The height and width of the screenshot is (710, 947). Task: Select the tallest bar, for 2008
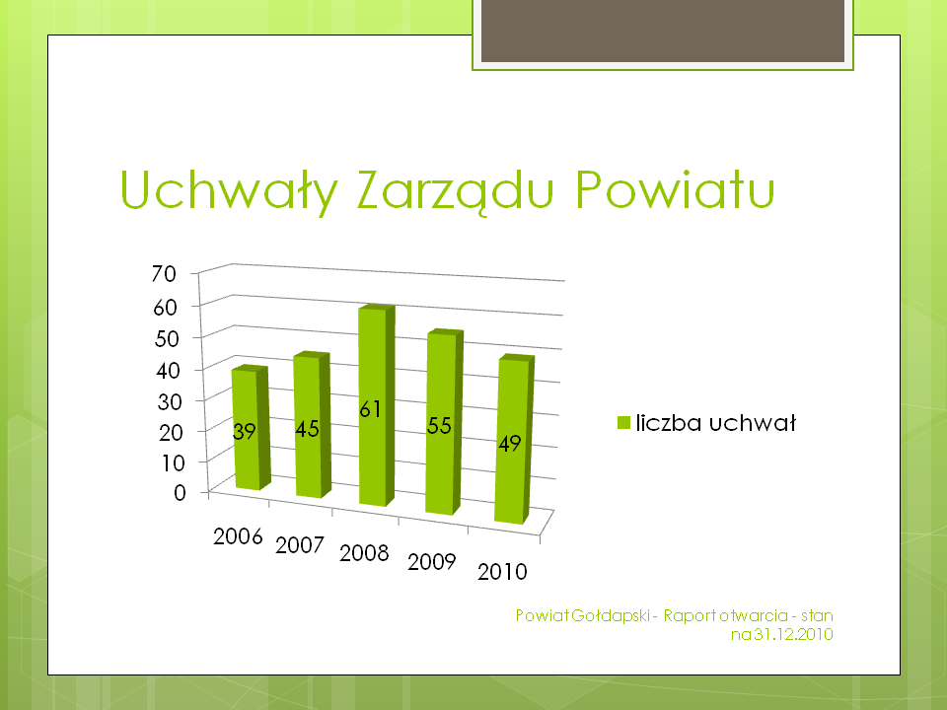point(376,405)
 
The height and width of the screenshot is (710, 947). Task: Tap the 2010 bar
point(514,439)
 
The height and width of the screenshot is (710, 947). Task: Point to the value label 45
point(307,429)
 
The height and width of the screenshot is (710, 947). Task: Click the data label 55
point(439,426)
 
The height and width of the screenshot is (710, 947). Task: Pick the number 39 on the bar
point(244,432)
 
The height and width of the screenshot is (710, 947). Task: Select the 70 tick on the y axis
point(164,273)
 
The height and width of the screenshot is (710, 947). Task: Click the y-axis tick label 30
point(169,401)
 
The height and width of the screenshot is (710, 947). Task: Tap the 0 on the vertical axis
point(180,493)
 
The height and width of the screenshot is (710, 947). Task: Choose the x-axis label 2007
point(300,545)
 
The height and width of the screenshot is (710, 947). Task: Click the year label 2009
point(431,561)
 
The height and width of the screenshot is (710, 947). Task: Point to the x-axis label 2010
point(502,571)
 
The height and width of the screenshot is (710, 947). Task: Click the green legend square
point(623,423)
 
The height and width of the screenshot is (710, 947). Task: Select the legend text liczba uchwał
point(716,423)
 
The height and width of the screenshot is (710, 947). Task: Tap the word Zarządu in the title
point(455,190)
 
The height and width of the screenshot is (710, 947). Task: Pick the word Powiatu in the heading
point(675,189)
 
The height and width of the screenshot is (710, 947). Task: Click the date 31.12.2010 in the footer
point(793,634)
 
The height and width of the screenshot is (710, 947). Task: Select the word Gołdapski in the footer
point(610,615)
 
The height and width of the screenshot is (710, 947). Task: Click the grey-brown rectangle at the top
point(663,31)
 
